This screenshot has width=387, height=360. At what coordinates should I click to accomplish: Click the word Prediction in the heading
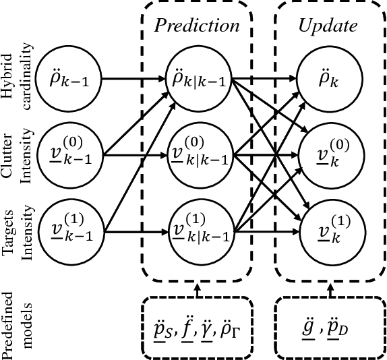pos(196,26)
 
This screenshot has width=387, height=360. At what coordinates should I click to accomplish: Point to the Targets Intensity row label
pos(18,232)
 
